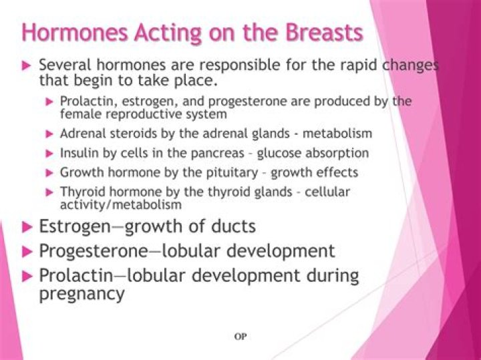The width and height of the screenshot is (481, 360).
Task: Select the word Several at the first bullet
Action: (65, 65)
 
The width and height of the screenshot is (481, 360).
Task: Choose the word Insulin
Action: (79, 152)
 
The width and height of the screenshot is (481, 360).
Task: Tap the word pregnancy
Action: (82, 293)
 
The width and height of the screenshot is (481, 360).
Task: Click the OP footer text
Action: (240, 337)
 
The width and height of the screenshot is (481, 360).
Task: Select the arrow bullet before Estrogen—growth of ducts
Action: (27, 226)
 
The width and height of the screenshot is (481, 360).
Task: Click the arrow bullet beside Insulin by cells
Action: (49, 153)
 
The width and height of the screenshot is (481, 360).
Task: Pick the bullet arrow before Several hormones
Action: (27, 66)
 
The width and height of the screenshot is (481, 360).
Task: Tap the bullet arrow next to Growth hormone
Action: (49, 172)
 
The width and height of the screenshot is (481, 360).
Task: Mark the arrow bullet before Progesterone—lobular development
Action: (27, 251)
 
